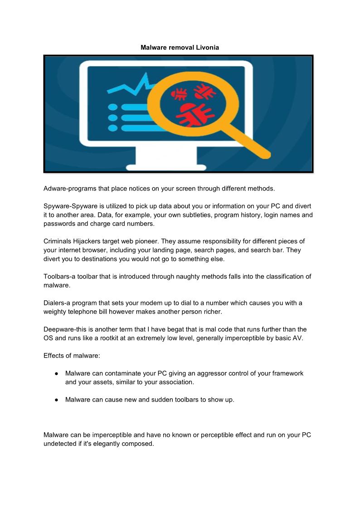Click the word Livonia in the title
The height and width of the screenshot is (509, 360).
207,47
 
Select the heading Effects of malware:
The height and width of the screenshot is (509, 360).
68,356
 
